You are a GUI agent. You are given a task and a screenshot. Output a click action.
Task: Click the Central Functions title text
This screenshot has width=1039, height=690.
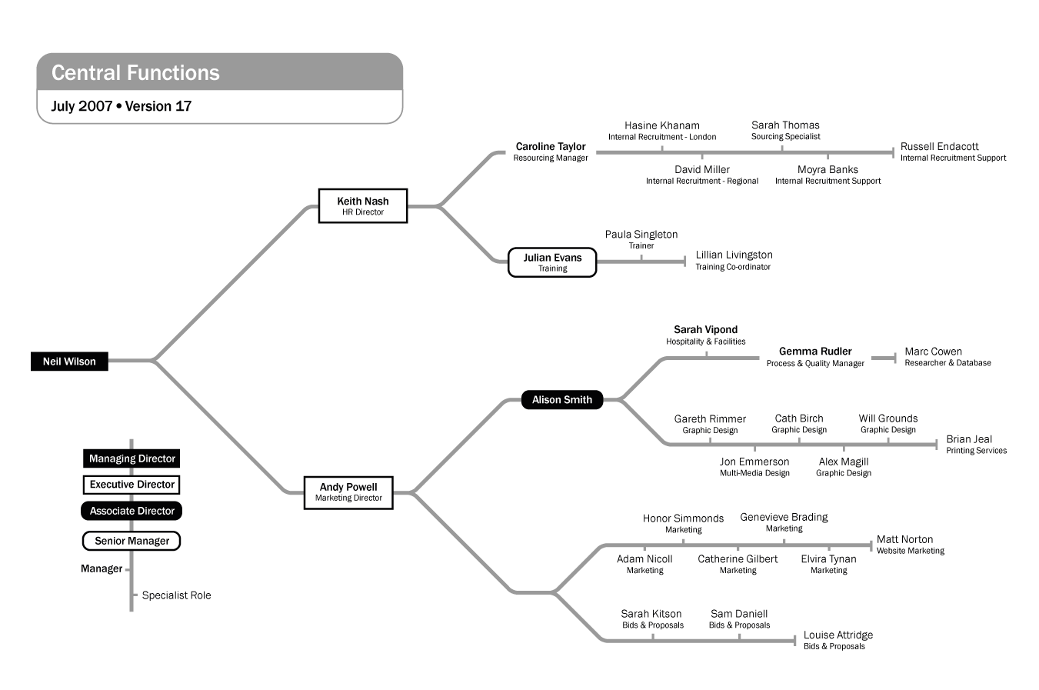point(135,73)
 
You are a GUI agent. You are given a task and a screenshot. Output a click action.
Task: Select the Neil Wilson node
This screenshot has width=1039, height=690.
point(69,362)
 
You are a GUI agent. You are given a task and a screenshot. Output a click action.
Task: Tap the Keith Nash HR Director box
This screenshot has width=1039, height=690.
point(363,205)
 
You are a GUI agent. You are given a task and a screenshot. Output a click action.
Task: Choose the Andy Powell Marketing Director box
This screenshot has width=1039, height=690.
point(348,492)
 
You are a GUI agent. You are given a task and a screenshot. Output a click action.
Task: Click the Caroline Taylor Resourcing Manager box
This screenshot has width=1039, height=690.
point(551,152)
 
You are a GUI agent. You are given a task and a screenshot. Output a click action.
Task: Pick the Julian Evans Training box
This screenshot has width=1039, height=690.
point(552,262)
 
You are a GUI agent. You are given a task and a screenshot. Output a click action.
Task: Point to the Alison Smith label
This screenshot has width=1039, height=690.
point(562,400)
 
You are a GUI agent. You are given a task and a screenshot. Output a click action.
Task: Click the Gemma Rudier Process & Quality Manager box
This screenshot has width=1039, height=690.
point(815,358)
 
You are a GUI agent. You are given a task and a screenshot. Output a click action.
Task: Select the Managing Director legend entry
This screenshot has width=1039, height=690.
point(132,458)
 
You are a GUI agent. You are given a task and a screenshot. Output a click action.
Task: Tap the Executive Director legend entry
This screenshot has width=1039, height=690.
point(132,485)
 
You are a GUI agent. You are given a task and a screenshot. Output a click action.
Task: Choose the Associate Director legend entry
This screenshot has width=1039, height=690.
point(132,511)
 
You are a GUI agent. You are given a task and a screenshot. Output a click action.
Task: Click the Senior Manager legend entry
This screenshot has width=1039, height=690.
point(132,541)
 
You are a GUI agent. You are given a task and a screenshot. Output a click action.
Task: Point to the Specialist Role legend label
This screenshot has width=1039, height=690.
point(174,595)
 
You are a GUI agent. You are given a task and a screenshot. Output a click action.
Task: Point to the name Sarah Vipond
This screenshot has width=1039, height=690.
point(706,329)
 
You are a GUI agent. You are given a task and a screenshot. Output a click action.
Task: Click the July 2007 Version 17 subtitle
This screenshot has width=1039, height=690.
point(123,106)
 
